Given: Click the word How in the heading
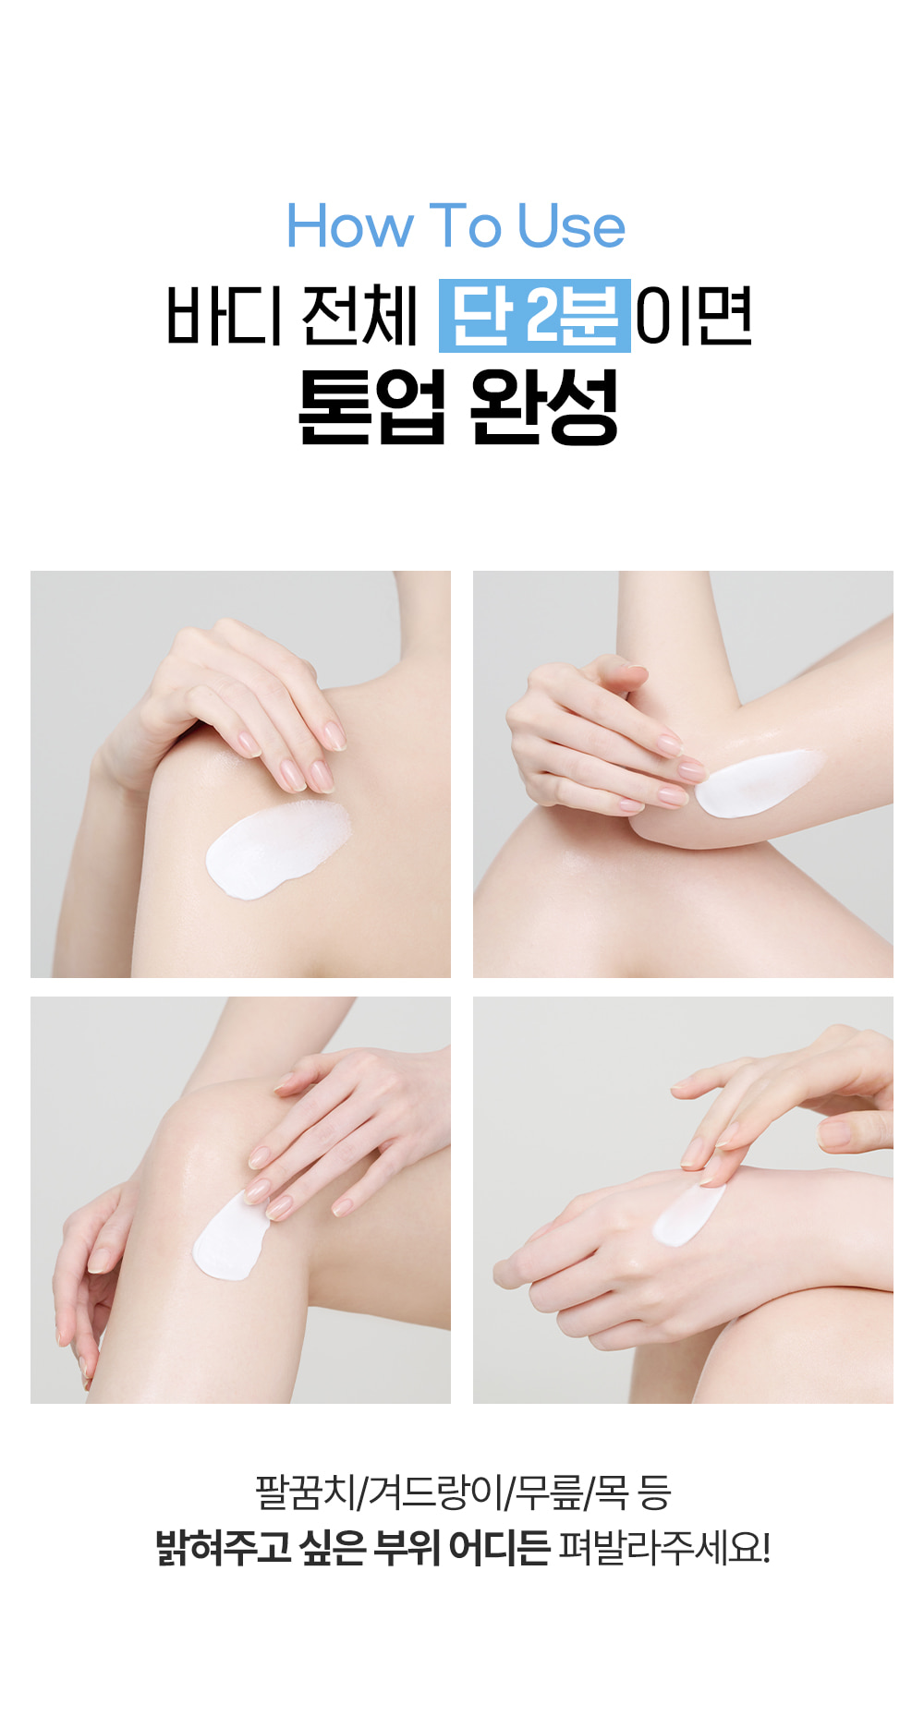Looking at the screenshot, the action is click(349, 226).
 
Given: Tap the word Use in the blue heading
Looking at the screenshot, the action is click(571, 226).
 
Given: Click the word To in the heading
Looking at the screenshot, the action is click(465, 226).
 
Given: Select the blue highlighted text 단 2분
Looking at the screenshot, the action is click(535, 315).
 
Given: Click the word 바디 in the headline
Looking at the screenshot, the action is click(224, 315).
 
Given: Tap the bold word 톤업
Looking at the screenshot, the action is click(372, 406).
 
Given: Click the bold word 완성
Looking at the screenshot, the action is click(544, 406).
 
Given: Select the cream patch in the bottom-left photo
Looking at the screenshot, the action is click(228, 1238).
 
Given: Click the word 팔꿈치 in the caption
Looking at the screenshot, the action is click(305, 1492).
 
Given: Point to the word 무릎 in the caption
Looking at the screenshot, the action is click(550, 1492).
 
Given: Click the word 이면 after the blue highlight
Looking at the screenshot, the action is click(694, 315).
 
